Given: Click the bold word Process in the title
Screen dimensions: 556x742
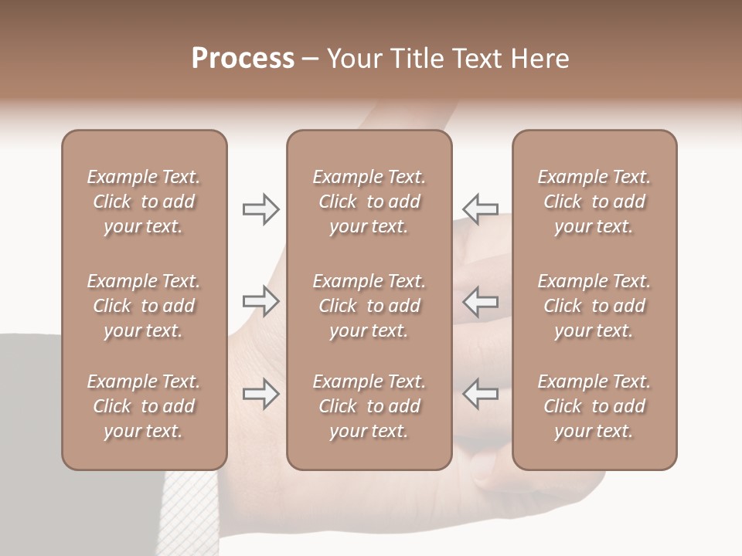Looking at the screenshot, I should [243, 59].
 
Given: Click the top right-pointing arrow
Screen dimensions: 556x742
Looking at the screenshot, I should [260, 209].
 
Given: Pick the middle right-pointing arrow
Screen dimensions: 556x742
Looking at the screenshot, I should [260, 300].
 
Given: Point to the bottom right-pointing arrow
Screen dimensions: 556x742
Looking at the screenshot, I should [260, 394].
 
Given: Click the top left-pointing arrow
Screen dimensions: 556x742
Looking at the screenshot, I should [481, 209].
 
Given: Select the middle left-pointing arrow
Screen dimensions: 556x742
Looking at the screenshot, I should [481, 300].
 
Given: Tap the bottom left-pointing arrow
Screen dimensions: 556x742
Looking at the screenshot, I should [481, 394].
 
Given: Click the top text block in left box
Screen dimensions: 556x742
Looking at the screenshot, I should [144, 202].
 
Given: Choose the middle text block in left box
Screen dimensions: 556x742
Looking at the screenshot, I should [144, 306].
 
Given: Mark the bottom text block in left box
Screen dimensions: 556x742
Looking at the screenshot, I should [144, 406].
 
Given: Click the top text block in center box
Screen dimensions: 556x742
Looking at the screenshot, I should [369, 202].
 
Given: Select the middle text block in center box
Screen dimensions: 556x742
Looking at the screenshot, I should [369, 306].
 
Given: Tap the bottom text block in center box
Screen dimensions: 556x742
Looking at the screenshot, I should [369, 406].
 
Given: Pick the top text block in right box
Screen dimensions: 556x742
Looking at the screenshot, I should [594, 202].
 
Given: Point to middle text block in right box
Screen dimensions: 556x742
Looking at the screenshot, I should [594, 306].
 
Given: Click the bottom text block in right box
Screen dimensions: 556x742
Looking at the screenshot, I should [594, 406].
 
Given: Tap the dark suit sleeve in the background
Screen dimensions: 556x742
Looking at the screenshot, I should [31, 402].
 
